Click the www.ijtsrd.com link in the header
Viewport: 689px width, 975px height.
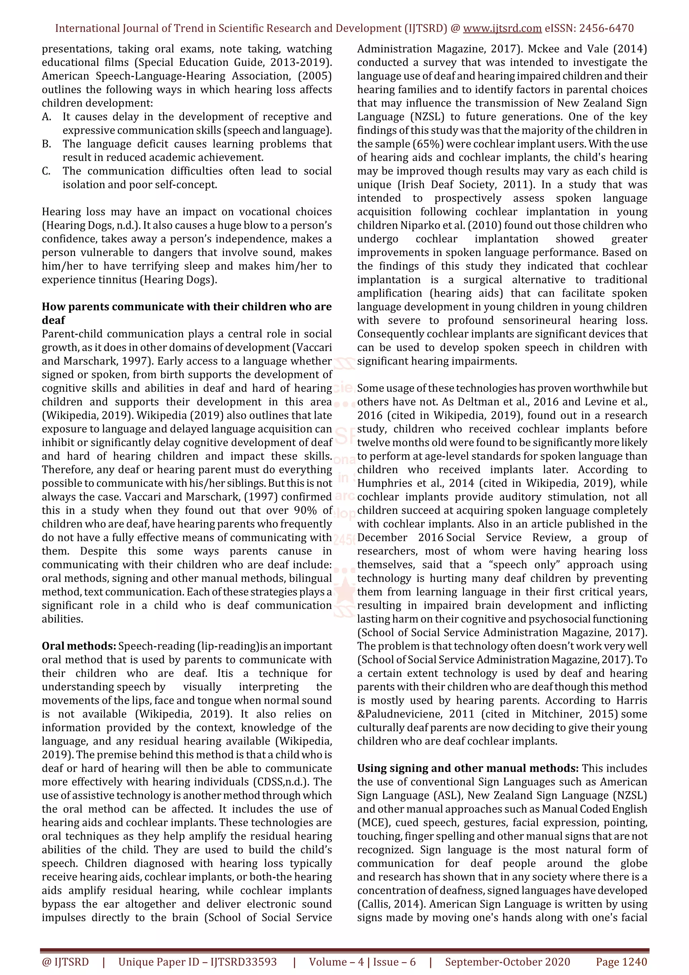click(x=502, y=29)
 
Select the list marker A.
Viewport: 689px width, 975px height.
click(x=46, y=117)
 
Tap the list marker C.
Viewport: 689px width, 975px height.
click(x=46, y=171)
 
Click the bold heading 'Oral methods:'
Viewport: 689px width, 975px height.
click(x=78, y=646)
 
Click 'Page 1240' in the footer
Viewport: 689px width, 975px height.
click(x=621, y=962)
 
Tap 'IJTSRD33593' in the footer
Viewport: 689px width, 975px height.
click(x=243, y=962)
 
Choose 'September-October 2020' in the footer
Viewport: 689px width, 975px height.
click(x=507, y=962)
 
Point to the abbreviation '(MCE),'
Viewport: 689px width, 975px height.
click(x=373, y=823)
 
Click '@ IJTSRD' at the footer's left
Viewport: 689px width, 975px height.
click(x=65, y=962)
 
